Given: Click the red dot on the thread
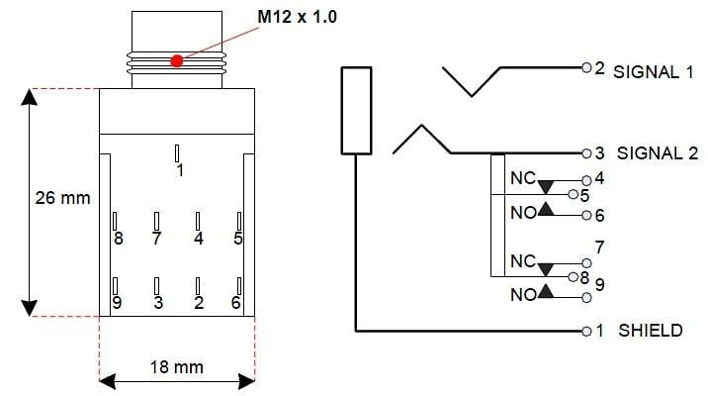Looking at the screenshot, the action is pyautogui.click(x=177, y=60).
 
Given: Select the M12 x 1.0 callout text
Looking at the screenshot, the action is pyautogui.click(x=297, y=17).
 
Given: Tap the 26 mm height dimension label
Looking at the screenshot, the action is pyautogui.click(x=62, y=198).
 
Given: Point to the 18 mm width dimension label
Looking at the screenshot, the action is pyautogui.click(x=177, y=367).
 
